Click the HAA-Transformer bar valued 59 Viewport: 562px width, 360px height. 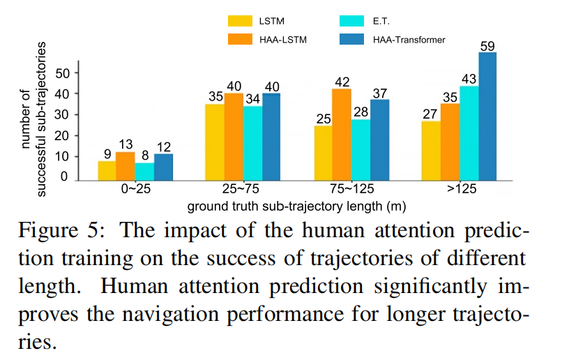tap(487, 115)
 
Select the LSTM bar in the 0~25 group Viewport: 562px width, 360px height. tap(107, 170)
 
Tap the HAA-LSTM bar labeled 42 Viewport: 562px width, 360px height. tap(342, 133)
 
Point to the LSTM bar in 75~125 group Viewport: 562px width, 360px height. tap(323, 151)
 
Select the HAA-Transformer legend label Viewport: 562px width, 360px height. tap(410, 40)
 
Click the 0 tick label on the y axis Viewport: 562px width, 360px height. tap(65, 177)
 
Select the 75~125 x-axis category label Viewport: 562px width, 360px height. tap(351, 190)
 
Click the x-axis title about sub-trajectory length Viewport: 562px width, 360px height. tap(296, 206)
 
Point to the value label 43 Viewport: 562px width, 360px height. tap(469, 79)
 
